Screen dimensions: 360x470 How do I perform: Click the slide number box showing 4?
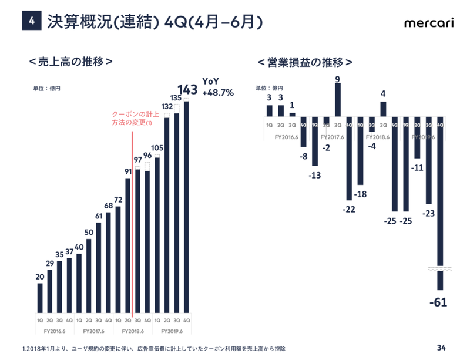click(x=31, y=22)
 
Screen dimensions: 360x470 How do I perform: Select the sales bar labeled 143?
click(x=187, y=206)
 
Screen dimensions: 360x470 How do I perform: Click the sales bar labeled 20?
click(x=40, y=298)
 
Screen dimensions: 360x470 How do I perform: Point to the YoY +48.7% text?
click(x=218, y=87)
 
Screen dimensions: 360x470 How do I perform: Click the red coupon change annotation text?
click(x=132, y=119)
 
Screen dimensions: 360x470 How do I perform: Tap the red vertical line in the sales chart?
click(x=133, y=223)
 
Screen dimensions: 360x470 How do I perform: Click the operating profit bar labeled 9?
click(x=338, y=100)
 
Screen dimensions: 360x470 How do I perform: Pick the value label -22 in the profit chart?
click(x=350, y=210)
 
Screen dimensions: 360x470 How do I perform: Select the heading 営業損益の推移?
click(x=305, y=62)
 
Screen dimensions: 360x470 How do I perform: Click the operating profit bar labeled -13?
click(x=315, y=141)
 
